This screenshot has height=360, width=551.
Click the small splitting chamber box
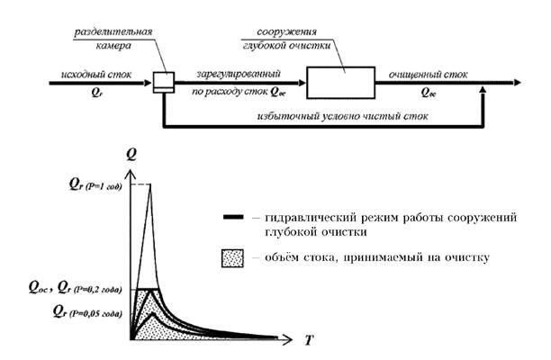162,82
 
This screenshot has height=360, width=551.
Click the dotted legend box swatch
230,259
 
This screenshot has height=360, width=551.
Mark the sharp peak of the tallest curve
149,184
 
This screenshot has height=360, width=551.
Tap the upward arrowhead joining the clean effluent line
484,90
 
